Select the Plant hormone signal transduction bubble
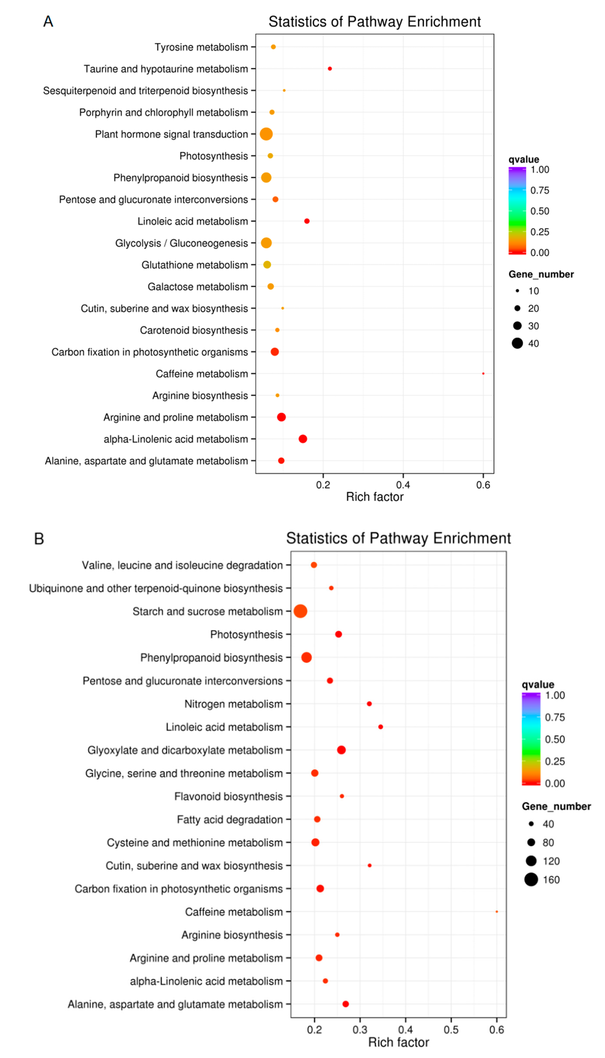266,134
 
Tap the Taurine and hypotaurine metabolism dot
329,68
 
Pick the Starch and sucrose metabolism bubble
300,611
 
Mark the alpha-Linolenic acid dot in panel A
303,439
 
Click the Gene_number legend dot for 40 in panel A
517,343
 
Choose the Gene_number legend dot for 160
531,879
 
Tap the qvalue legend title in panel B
538,684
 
